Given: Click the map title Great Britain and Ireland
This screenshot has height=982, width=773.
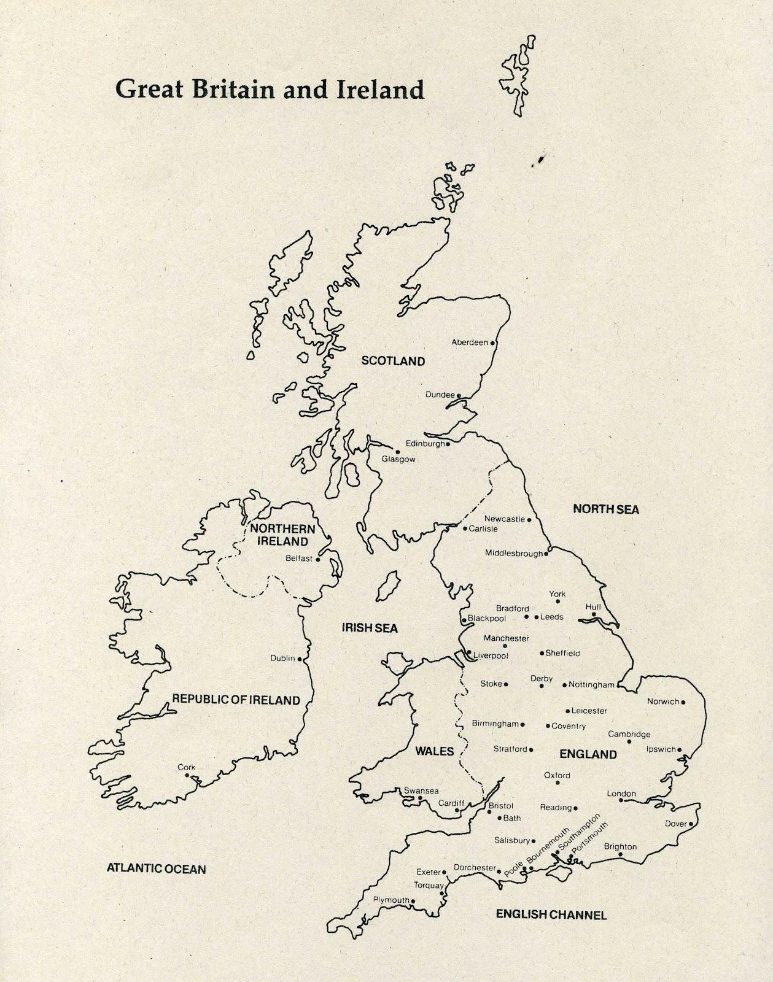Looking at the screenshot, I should [270, 90].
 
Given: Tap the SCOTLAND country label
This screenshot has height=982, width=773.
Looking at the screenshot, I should [393, 361].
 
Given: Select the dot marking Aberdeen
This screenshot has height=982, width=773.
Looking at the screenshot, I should [492, 343].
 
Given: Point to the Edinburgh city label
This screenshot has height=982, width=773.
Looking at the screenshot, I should [425, 444].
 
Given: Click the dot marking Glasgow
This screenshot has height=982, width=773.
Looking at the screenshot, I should [398, 452].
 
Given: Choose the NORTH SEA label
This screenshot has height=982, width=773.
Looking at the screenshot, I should [605, 509].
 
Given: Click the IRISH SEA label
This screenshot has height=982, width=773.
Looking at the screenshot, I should [370, 628].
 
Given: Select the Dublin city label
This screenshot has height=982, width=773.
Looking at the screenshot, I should [282, 659].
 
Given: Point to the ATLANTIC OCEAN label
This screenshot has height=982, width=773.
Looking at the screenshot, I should [156, 868].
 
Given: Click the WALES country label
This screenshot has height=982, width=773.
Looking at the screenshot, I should [434, 751].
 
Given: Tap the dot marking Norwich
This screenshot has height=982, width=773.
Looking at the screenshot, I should [683, 702].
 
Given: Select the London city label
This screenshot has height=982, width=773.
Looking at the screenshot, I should [621, 794].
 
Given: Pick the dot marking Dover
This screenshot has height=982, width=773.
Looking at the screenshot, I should [691, 824].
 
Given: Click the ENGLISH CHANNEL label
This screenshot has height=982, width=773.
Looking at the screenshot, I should [551, 914].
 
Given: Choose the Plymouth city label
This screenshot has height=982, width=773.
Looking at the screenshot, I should [391, 900].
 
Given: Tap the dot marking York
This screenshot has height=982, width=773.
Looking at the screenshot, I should [557, 601].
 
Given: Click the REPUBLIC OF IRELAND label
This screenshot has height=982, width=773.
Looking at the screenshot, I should [236, 700].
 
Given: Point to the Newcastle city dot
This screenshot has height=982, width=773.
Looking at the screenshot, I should [529, 519].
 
